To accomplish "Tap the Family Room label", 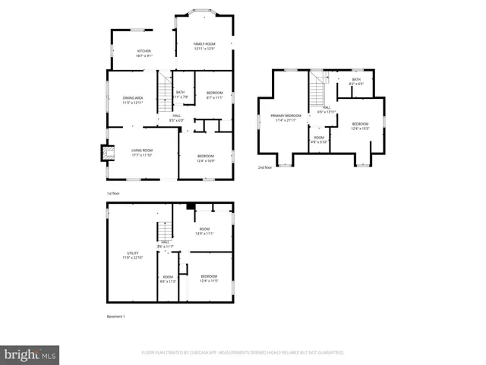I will point(204,47).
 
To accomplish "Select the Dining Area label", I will point(134,100).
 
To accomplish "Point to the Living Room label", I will point(142,153).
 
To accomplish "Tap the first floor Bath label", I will point(180,94).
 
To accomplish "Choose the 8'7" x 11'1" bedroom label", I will point(214,95).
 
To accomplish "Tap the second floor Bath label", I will point(355,81).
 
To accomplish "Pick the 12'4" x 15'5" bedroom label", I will point(360,126).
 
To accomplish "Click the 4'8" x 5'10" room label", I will point(318,140).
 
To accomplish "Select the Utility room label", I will point(133,255).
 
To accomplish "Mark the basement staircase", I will point(163,231).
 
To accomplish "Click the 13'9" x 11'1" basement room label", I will point(204,231).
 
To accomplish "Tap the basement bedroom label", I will point(209,278).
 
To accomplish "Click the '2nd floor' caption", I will point(265,167).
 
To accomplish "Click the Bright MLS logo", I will point(30,354).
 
